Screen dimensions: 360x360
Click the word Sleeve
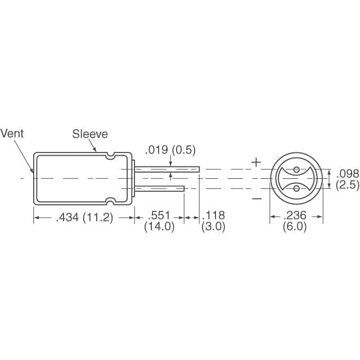pos(89,134)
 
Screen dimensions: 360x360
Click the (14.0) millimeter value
pos(159,228)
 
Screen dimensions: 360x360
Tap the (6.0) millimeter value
pos(296,228)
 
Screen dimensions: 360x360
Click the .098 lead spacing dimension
pos(348,173)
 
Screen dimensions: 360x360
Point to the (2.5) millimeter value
pos(348,184)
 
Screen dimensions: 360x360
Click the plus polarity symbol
pos(256,163)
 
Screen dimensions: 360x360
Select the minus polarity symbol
pos(256,198)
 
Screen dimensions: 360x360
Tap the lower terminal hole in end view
pos(296,190)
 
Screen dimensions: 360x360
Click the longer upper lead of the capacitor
pos(169,169)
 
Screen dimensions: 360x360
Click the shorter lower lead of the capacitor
pos(160,188)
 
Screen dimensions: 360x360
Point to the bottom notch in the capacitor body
pos(111,201)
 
